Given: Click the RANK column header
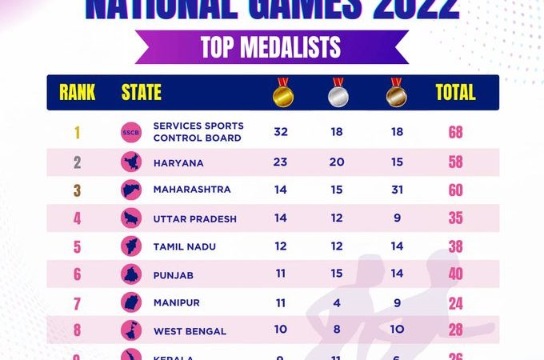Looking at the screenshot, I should coord(78,93).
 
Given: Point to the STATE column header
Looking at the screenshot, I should coord(141,93).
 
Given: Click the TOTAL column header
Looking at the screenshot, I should coord(455,93).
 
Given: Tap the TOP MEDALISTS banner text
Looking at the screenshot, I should coord(272,47).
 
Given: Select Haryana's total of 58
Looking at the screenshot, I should coord(455,162).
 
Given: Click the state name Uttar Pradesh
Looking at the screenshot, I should coord(195,218).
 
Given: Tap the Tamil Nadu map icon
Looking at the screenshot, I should coord(130,246).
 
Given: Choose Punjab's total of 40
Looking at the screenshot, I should coord(455,274).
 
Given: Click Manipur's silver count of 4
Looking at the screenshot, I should coord(338,302).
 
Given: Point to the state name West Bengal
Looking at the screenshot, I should coord(190,330).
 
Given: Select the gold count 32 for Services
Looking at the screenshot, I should coord(281,132).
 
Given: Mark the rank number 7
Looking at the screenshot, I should coord(78,303).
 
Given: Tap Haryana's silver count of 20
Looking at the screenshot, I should coord(337,162).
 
